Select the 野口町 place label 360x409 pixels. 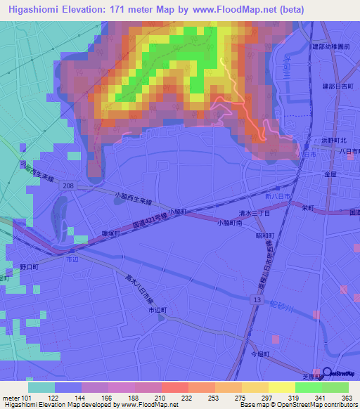(x=30, y=267)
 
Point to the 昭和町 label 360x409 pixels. (x=264, y=235)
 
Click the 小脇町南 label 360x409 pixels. (x=230, y=223)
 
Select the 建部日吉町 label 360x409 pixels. (x=335, y=86)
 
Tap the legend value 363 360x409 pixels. (x=345, y=398)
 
